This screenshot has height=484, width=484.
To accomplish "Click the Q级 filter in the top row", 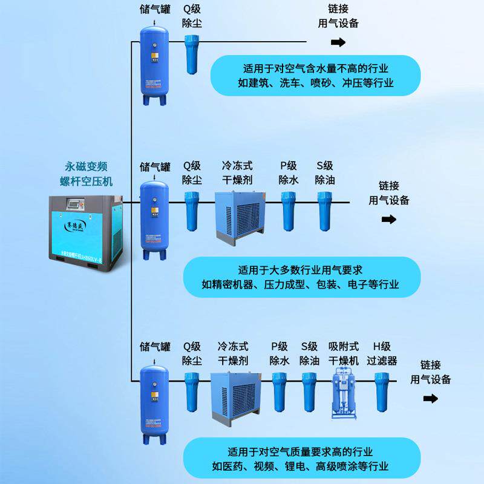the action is tap(192, 55).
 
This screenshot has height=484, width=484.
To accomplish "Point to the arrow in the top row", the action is tap(338, 42).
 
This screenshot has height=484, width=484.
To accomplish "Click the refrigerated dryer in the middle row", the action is tap(240, 214).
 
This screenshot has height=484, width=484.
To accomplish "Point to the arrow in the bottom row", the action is tap(431, 398).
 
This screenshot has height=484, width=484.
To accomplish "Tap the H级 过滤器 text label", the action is tap(382, 354).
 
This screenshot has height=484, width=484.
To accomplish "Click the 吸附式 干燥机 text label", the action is tap(344, 354).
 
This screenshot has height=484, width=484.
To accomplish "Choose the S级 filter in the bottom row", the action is tap(310, 391).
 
